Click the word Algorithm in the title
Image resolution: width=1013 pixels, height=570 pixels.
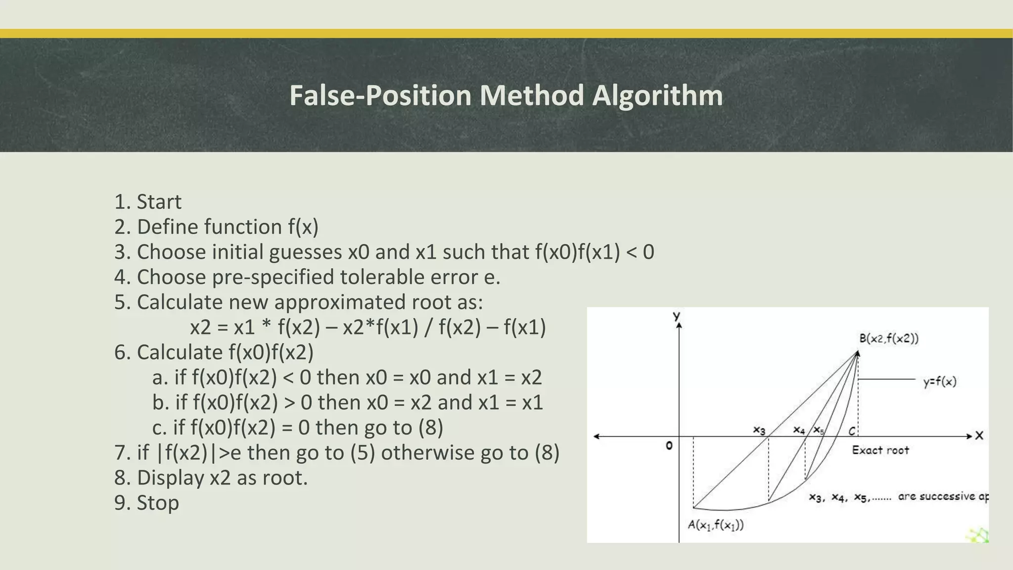657,95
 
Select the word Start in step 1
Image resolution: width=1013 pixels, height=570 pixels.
159,202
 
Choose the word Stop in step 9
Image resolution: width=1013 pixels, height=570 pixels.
158,503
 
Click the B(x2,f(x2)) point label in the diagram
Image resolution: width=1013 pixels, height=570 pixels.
888,339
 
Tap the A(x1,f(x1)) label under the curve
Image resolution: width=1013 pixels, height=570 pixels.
716,525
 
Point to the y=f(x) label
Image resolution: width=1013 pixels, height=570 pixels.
940,382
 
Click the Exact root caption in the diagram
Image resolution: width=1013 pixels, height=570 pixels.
880,450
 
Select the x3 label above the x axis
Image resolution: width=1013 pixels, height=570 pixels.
759,429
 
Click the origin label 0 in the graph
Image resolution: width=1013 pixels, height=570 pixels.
669,446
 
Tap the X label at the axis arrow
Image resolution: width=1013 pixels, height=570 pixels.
979,436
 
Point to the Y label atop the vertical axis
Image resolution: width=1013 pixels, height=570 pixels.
677,316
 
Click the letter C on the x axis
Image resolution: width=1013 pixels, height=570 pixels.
852,431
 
